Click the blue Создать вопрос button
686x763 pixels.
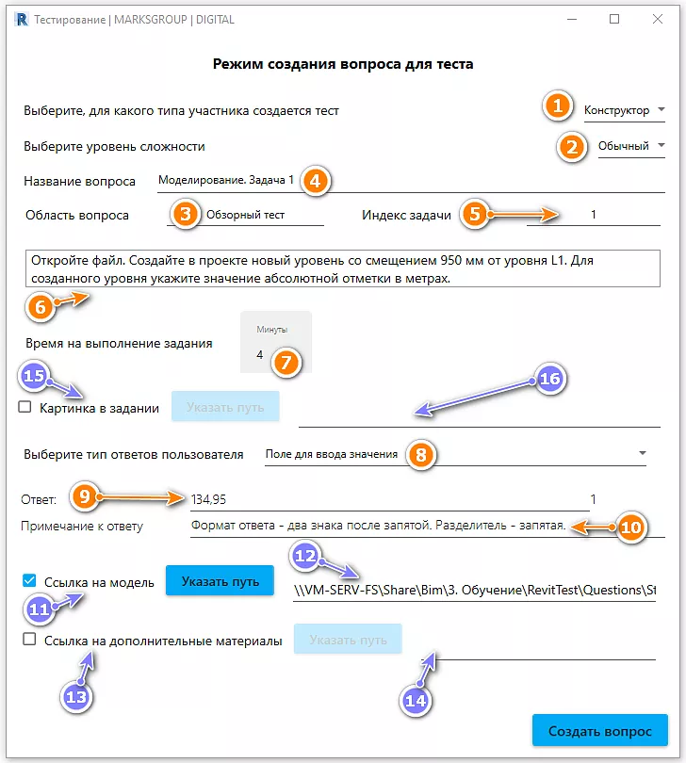[x=600, y=730]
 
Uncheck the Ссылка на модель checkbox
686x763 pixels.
[x=29, y=581]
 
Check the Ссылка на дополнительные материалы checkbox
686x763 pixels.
[x=29, y=640]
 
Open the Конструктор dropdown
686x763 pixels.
[x=624, y=110]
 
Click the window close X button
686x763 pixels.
[x=659, y=19]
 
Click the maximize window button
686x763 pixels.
[x=614, y=19]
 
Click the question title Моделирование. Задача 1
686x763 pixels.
[x=226, y=180]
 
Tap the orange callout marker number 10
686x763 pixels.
[x=630, y=528]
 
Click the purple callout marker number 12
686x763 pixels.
[x=306, y=557]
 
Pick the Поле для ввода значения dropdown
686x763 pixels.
[x=452, y=455]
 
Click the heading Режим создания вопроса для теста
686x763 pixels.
[x=342, y=64]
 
